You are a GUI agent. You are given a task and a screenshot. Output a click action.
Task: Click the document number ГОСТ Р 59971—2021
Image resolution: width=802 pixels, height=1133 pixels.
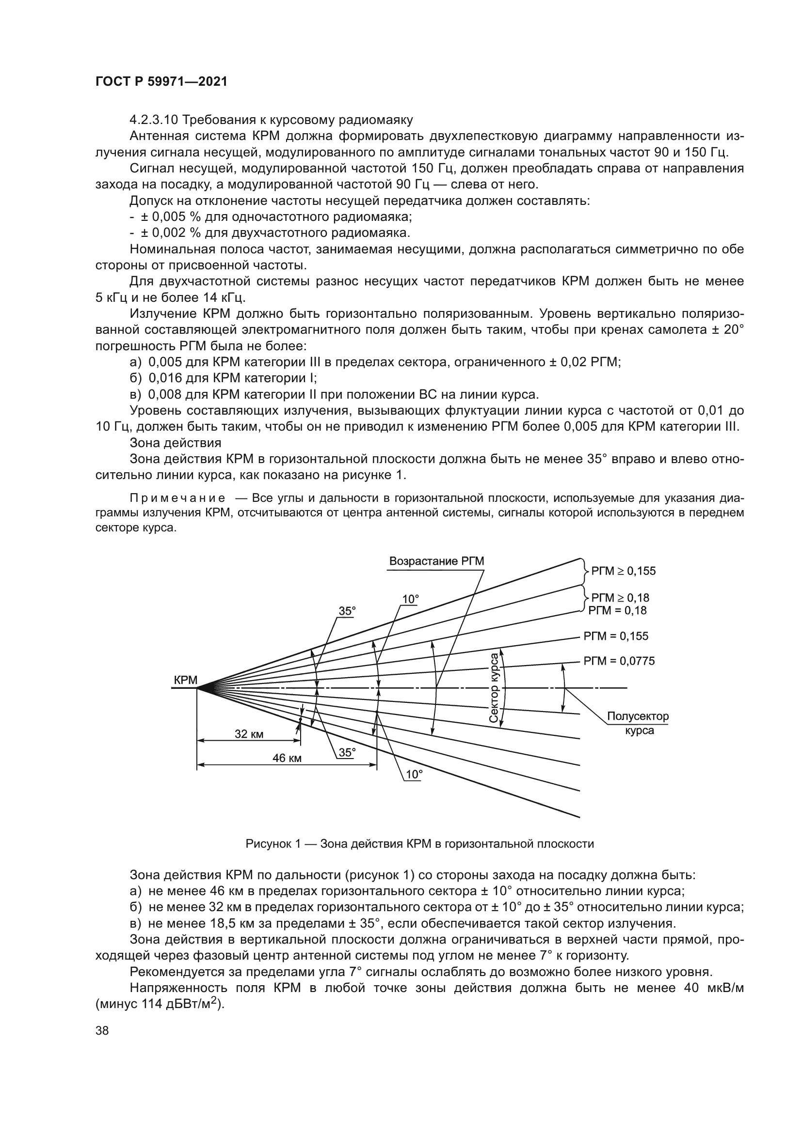point(161,82)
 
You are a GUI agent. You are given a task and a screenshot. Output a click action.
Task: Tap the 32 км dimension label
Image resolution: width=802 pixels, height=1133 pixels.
point(249,734)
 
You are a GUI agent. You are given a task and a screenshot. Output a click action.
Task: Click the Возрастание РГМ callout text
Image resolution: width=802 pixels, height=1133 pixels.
point(436,561)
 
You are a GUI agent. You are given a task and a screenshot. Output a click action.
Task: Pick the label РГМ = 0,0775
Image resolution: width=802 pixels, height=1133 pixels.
point(619,661)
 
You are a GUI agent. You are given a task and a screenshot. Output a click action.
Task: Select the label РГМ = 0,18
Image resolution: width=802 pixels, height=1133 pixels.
point(617,610)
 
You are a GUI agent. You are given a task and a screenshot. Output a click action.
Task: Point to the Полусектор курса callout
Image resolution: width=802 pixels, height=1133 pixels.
point(638,723)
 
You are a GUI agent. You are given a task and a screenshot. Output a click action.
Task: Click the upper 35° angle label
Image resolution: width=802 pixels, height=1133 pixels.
point(347,611)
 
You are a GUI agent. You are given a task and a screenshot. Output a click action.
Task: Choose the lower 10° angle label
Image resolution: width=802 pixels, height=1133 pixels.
point(414,774)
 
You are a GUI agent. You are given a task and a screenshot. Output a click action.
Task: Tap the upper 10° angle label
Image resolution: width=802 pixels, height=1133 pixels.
point(410,599)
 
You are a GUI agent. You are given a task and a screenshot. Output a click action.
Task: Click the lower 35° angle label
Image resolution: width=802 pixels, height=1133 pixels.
point(347,752)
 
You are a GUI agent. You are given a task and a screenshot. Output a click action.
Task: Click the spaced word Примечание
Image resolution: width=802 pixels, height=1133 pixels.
point(177,497)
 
